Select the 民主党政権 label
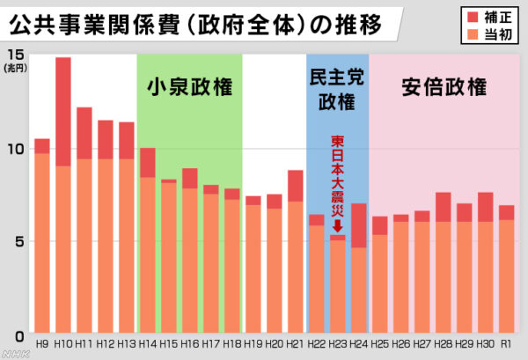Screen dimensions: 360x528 [338, 90]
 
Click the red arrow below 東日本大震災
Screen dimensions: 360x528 [338, 224]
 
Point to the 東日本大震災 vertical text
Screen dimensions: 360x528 [338, 176]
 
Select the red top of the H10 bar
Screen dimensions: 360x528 [63, 111]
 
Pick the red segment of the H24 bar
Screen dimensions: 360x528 [358, 225]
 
